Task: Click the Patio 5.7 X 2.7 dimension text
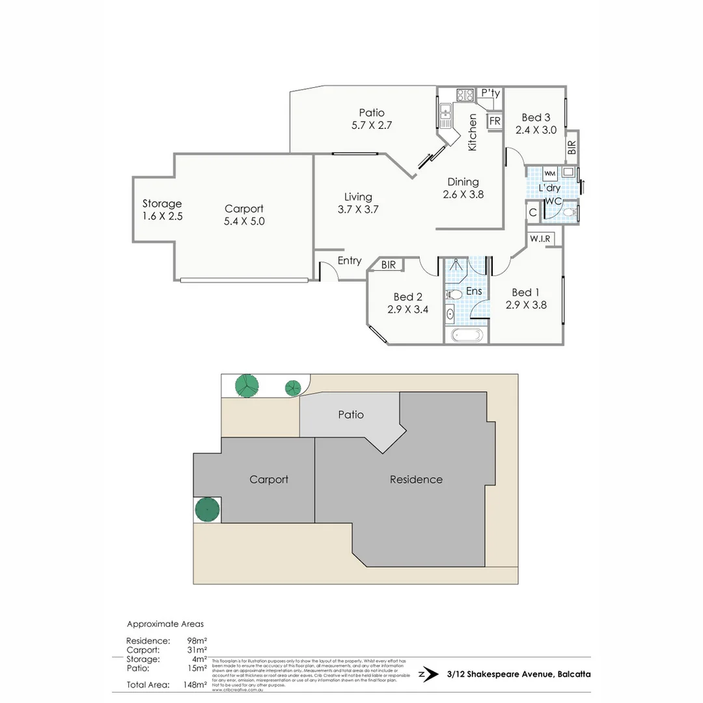(x=371, y=126)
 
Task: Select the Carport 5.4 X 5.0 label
(x=244, y=215)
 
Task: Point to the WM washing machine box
(x=549, y=174)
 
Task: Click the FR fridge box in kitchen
(x=495, y=121)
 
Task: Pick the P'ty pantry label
(x=490, y=94)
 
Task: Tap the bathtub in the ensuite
(x=467, y=336)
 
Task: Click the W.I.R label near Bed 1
(x=540, y=239)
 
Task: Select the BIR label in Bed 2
(x=389, y=265)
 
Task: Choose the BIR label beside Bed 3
(x=572, y=147)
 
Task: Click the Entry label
(x=350, y=260)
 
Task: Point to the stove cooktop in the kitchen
(x=465, y=95)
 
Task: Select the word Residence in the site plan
(x=416, y=480)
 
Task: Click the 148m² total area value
(x=196, y=684)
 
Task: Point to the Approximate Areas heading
(x=165, y=624)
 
